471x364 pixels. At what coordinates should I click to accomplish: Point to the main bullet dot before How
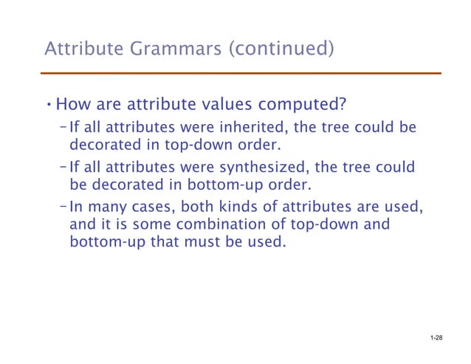(x=49, y=103)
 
